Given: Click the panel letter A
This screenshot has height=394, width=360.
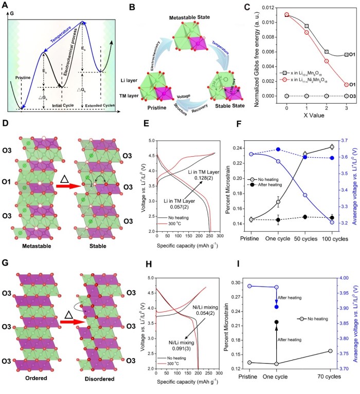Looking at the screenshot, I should click(6, 7).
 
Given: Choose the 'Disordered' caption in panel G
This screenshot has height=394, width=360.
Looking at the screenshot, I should click(99, 388).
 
